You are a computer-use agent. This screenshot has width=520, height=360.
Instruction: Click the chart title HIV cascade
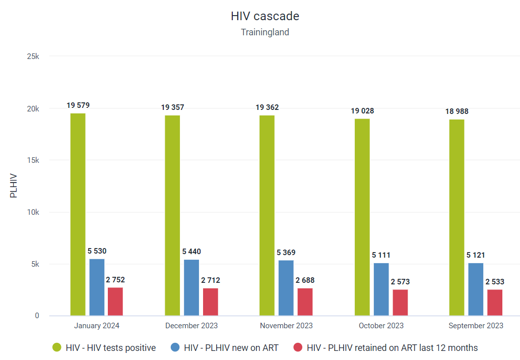click(265, 16)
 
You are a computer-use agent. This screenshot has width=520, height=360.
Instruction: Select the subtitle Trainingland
click(265, 32)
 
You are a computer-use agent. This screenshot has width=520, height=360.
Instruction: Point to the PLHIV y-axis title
click(13, 186)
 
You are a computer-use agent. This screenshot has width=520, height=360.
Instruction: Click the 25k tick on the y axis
click(33, 56)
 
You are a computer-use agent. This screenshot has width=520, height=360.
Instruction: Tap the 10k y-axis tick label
click(33, 212)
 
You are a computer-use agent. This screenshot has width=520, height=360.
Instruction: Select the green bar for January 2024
click(78, 214)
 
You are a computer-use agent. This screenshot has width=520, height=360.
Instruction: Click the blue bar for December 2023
click(191, 288)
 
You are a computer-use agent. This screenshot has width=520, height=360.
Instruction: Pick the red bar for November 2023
click(305, 302)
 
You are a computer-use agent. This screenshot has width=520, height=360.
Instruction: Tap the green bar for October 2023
click(362, 217)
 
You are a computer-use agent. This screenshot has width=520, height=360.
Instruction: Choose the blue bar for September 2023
click(476, 289)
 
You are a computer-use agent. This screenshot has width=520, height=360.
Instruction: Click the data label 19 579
click(78, 105)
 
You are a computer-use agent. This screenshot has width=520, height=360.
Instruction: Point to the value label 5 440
click(191, 252)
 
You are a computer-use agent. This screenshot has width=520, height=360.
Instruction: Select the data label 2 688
click(305, 280)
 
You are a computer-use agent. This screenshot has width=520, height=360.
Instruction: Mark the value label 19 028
click(362, 111)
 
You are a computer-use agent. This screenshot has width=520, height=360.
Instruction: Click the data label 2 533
click(495, 282)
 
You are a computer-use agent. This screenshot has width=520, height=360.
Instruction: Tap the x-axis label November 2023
click(286, 326)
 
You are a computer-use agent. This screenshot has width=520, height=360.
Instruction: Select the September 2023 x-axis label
click(476, 326)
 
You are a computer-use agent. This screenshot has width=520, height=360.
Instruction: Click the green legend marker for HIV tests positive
click(57, 347)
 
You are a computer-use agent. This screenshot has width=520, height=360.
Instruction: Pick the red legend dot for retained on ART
click(298, 347)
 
